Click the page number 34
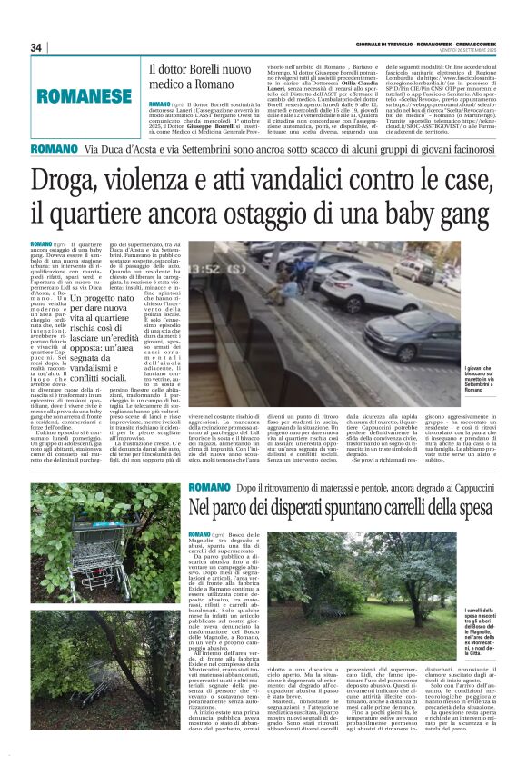tap(37, 47)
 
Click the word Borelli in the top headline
tap(205, 69)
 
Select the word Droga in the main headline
tap(72, 181)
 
